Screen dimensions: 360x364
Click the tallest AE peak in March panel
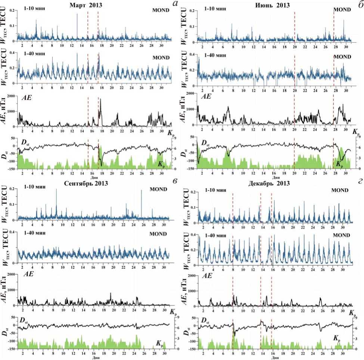100,99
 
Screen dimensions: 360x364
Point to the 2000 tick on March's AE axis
12,96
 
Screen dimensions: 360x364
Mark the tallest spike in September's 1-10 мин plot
56,190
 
